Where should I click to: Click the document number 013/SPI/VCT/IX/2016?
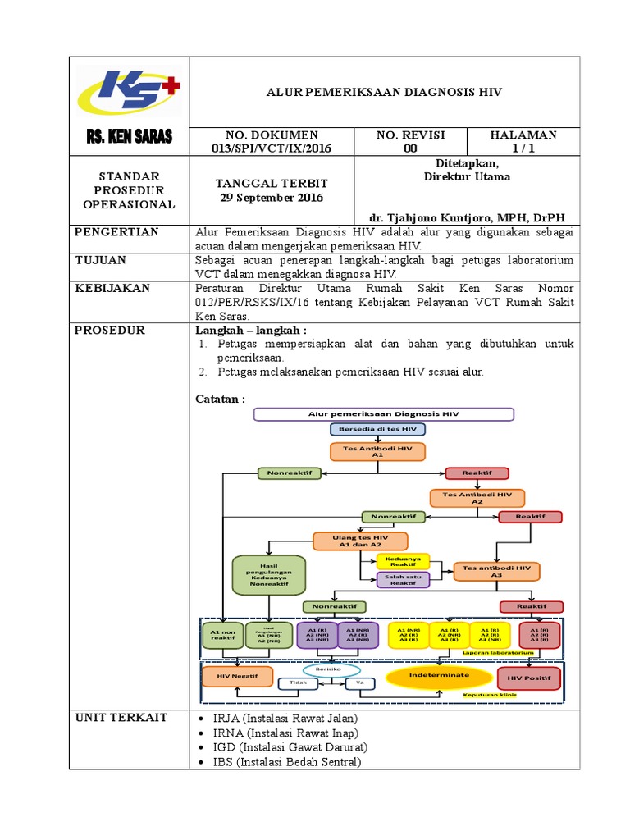(271, 148)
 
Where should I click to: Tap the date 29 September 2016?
(271, 198)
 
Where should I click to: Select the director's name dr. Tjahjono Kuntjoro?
(467, 217)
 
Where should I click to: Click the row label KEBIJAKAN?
(112, 289)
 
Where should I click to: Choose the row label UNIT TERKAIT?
(121, 718)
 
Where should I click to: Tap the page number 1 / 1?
(523, 148)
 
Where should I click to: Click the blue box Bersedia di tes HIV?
(378, 429)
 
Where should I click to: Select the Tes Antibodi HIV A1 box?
(378, 451)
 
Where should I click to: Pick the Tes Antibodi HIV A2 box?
(477, 498)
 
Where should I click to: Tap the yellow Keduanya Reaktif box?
(403, 561)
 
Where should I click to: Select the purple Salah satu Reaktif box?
(403, 580)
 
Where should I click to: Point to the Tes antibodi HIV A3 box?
(496, 571)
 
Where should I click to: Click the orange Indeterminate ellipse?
(439, 675)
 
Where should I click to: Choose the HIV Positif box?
(529, 678)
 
